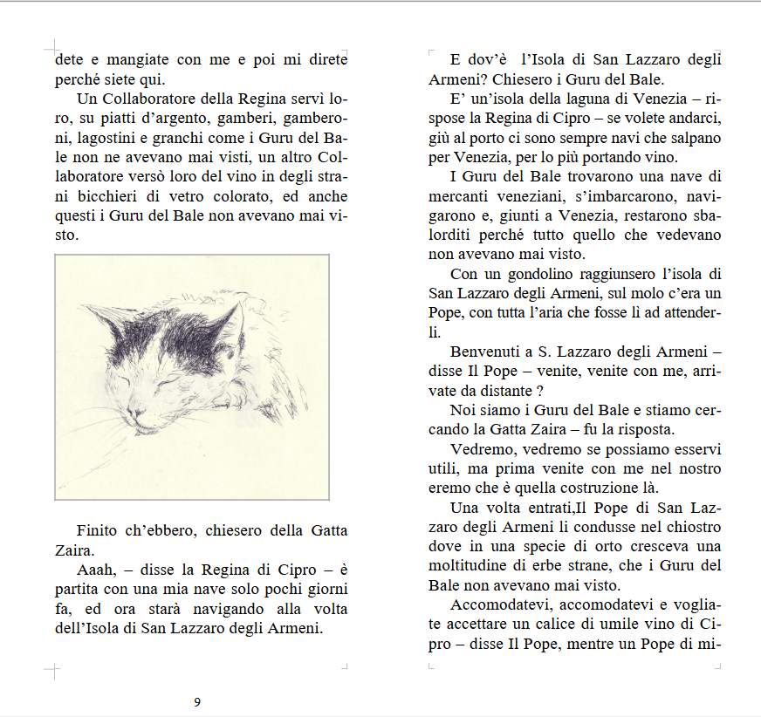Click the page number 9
pyautogui.click(x=197, y=702)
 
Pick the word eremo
pyautogui.click(x=449, y=488)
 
